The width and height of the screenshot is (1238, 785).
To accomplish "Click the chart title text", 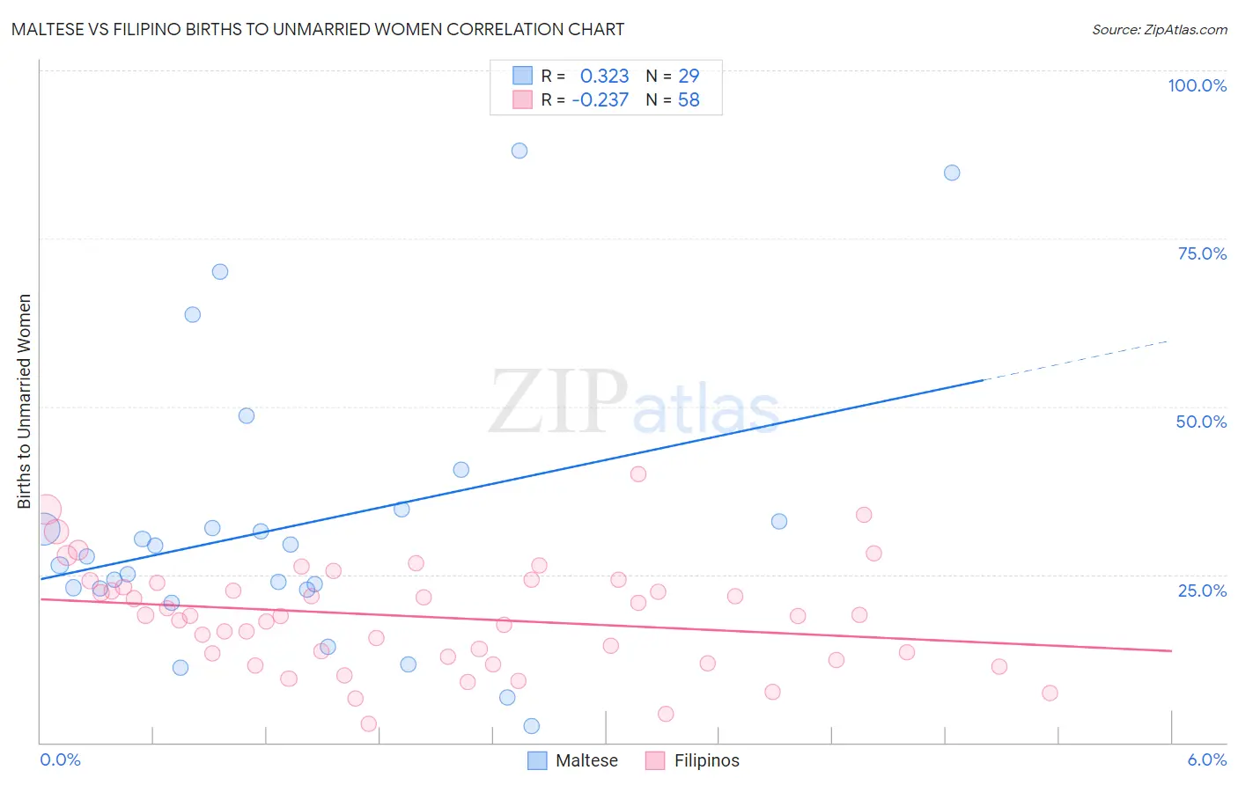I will pos(318,29).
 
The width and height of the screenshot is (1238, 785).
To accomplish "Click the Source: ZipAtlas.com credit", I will pos(1159,29).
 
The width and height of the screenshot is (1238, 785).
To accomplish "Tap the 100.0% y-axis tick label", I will pos(1197,85).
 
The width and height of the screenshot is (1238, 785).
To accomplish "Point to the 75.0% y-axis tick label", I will pos(1202,253).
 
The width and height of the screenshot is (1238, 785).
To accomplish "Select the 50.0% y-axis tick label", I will pos(1201,422).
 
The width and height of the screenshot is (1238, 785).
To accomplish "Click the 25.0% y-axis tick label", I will pos(1202,590).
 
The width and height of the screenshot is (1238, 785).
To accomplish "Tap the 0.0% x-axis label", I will pos(60,759).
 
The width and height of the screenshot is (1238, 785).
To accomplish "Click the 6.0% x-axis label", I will pos(1206,759).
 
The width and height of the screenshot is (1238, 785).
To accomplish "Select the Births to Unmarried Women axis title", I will pos(24,401).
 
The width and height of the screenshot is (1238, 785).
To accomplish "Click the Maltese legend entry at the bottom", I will pos(573,760).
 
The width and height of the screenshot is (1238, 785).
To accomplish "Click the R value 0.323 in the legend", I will pos(604,76).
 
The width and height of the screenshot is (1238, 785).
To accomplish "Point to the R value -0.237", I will pos(600,99).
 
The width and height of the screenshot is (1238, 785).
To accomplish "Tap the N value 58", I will pos(689,99).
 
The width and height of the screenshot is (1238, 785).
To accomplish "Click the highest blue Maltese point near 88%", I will pos(520,150).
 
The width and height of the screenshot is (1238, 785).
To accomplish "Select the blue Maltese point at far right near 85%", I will pos(952,172).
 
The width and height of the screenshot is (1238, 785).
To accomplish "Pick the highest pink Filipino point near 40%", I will pos(638,473).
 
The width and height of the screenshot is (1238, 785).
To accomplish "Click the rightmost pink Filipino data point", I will pos(1050,693).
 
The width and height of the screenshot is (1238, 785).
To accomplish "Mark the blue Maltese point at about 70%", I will pos(220,272).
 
